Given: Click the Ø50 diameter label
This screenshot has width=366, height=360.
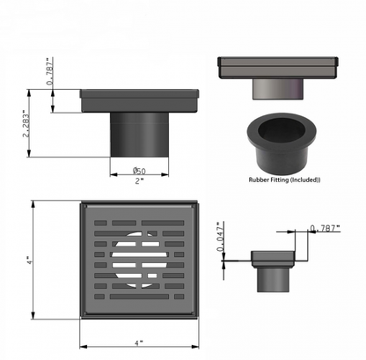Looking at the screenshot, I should pyautogui.click(x=139, y=171).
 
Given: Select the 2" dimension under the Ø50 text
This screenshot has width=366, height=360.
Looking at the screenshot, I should pyautogui.click(x=139, y=182).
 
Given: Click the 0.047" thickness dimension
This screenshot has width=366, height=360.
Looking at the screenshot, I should pyautogui.click(x=220, y=236).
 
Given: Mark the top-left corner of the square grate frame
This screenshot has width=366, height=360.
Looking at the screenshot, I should pyautogui.click(x=81, y=204).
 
